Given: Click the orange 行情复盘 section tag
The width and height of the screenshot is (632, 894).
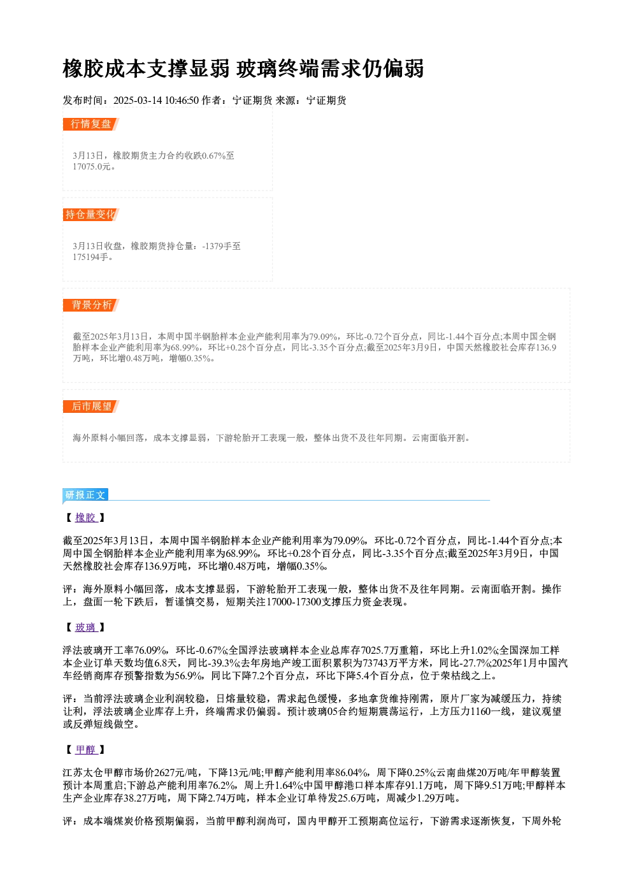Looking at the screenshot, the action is (x=91, y=124).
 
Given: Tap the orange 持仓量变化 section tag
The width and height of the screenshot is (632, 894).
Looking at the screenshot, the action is (x=91, y=215).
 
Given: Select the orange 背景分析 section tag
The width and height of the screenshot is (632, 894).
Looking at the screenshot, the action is (x=91, y=305).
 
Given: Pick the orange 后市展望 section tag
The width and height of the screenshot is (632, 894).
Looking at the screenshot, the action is (x=91, y=407).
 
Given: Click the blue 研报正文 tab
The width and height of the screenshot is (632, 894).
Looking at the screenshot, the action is (x=85, y=495).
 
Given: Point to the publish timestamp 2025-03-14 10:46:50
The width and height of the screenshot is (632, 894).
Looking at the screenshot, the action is (x=156, y=101).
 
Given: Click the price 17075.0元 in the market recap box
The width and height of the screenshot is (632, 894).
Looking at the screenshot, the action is (x=91, y=167).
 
